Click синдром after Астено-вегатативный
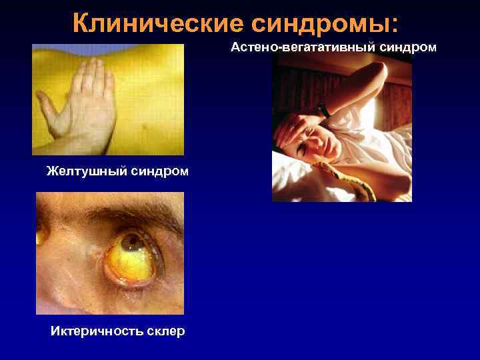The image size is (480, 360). [409, 47]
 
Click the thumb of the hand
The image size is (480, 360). [49, 107]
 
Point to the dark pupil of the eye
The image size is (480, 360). [131, 242]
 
